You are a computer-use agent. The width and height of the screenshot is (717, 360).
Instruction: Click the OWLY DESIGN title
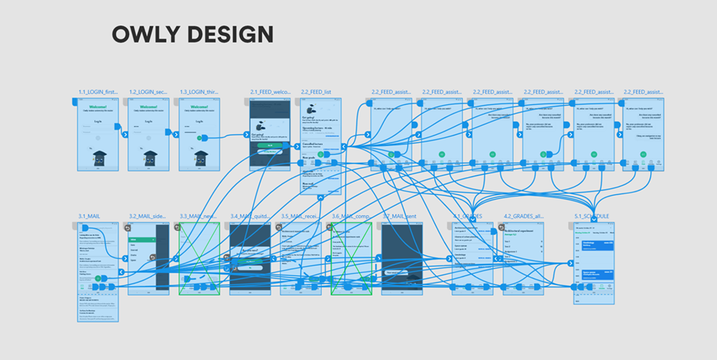[x=192, y=34]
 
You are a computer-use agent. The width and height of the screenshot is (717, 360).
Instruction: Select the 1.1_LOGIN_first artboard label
[x=98, y=91]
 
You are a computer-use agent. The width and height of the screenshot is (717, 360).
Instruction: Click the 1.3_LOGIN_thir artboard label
[x=198, y=91]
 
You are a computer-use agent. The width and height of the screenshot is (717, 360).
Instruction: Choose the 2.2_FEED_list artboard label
[x=316, y=91]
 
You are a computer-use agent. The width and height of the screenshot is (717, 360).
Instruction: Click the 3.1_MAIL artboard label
[x=88, y=216]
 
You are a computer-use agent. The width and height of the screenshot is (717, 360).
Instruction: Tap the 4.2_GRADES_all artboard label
[x=523, y=216]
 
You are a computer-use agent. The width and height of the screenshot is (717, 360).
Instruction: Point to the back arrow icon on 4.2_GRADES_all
[x=508, y=226]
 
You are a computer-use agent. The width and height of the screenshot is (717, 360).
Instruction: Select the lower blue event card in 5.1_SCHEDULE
[x=594, y=275]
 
